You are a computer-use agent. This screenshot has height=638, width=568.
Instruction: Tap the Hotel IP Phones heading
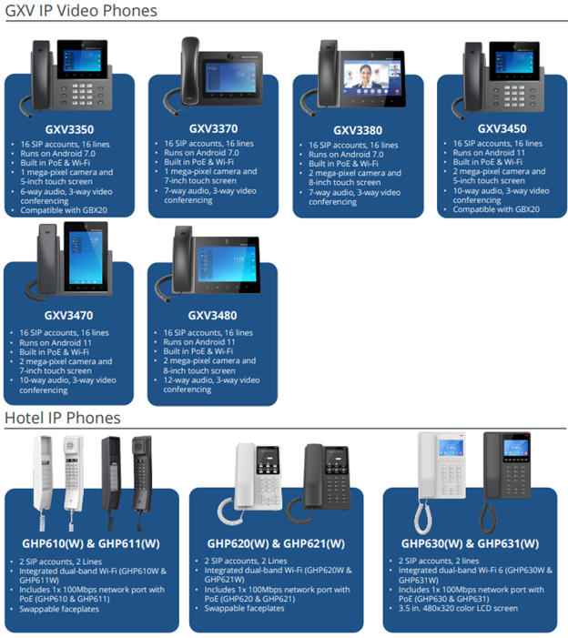[63, 418]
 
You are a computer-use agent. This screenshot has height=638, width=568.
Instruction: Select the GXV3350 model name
[69, 129]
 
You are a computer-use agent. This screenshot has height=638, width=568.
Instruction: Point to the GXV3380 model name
[357, 130]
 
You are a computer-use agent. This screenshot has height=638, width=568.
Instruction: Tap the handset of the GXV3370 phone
[190, 68]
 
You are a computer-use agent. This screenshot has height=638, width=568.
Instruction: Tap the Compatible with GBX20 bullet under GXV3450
[496, 209]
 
